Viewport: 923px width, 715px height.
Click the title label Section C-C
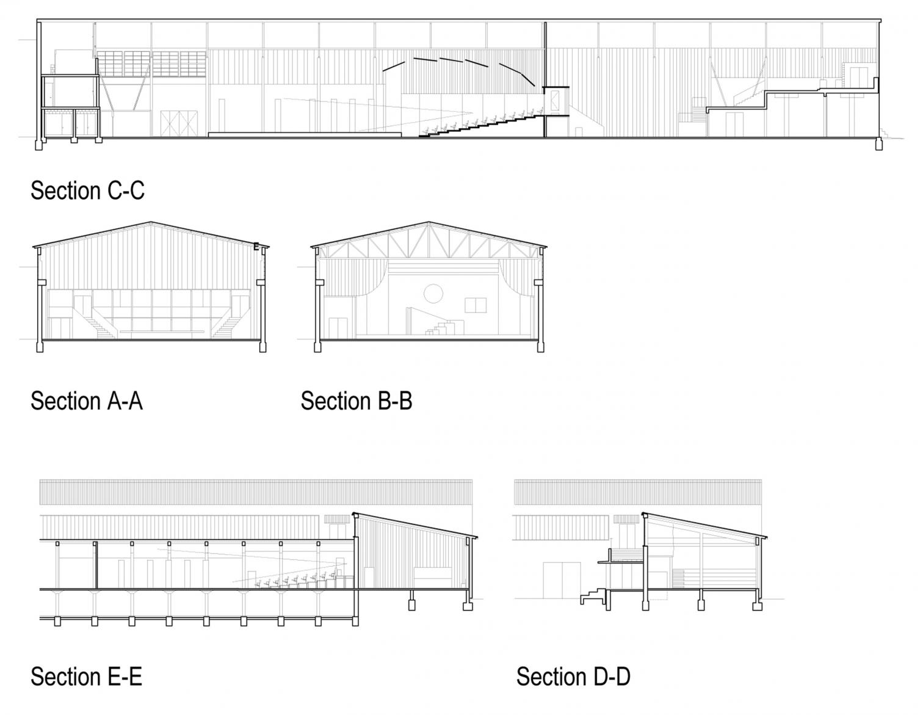(x=87, y=191)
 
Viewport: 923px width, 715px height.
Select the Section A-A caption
(x=87, y=401)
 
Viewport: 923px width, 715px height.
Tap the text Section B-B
(x=357, y=401)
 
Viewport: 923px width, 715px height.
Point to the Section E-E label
(x=86, y=676)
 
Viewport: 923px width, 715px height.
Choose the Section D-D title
(x=573, y=676)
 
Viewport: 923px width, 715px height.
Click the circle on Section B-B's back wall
(x=433, y=294)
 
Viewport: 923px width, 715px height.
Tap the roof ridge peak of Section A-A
(x=151, y=222)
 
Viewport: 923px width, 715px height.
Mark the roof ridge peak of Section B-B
(x=429, y=222)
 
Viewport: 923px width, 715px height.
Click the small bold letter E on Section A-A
(x=256, y=246)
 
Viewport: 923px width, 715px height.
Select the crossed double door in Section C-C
(x=179, y=123)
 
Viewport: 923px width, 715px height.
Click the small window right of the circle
(x=476, y=305)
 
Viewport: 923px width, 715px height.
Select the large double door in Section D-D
(x=562, y=580)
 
